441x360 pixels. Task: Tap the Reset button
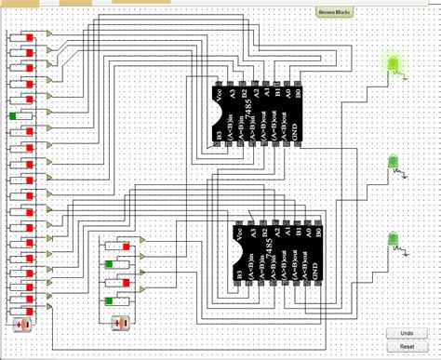pyautogui.click(x=407, y=346)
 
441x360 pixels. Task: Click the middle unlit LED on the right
pyautogui.click(x=394, y=164)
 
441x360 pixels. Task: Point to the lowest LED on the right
pyautogui.click(x=394, y=240)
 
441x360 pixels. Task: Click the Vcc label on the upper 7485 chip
pyautogui.click(x=220, y=94)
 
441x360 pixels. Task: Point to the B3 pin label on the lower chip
pyautogui.click(x=241, y=274)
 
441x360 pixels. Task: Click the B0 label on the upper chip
pyautogui.click(x=299, y=93)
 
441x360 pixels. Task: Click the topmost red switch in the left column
pyautogui.click(x=29, y=37)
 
